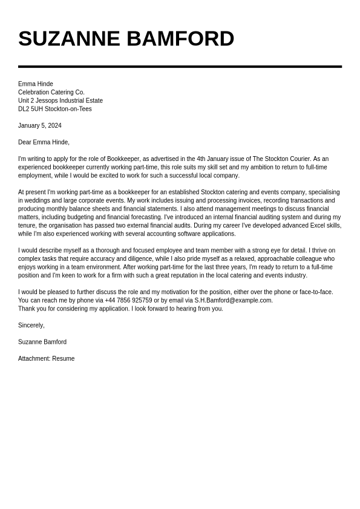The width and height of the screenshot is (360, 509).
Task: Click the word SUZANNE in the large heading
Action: coord(69,39)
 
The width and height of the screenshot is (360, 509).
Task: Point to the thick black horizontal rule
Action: coord(180,67)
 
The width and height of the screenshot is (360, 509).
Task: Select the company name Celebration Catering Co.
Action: coord(51,92)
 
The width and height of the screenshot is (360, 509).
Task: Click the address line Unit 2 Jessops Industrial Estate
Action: coord(61,100)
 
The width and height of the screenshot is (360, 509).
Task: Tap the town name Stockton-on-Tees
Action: coord(68,109)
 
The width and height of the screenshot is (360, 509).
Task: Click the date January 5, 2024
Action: coord(40,125)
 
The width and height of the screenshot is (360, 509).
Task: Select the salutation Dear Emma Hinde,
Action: coord(44,142)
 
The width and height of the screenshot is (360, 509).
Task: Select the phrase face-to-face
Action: coord(316,292)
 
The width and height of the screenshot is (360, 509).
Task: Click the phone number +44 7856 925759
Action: coord(128,300)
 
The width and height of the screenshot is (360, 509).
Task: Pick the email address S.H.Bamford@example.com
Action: coord(234,300)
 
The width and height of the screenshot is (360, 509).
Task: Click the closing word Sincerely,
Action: coord(31,325)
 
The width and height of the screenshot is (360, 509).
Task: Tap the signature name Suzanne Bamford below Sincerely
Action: coord(42,342)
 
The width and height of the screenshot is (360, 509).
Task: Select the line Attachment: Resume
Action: coord(47,358)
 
